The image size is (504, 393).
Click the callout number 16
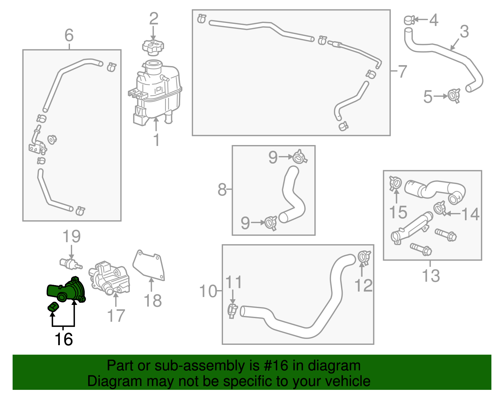click(x=64, y=339)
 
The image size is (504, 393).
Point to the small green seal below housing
click(x=53, y=307)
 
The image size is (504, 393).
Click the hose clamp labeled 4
click(x=409, y=20)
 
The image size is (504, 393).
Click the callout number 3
click(x=464, y=31)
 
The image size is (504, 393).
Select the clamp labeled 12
click(x=364, y=257)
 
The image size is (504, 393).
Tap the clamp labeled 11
click(x=232, y=310)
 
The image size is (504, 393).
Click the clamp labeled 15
click(x=395, y=183)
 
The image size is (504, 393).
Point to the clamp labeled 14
click(x=440, y=208)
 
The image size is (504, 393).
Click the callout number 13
click(x=431, y=276)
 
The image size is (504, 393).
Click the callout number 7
click(x=402, y=71)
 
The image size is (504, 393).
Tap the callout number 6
click(x=69, y=35)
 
